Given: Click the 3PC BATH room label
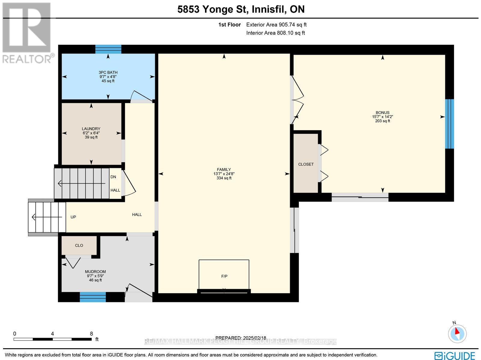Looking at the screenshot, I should pos(108,72).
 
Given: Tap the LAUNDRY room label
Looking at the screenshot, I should pos(91,129).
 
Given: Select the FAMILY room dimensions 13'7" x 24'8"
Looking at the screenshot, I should pos(224,174).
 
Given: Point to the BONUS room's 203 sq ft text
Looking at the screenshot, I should pos(382,121).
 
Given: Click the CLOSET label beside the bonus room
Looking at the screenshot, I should pos(306,164).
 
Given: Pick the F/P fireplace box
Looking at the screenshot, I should pos(224,276).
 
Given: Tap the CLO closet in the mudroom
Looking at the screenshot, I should pos(79,246).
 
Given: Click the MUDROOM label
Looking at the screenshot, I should pos(95,271).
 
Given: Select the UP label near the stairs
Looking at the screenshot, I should pos(73,217).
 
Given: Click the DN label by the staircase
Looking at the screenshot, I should pos(113,177).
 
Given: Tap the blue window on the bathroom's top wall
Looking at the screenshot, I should pos(108,49).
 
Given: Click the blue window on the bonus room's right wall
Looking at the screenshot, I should pos(449,124).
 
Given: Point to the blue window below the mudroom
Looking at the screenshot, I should pos(93,297).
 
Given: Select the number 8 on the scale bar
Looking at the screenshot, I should pos(91,334).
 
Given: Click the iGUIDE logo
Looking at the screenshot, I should pos(455,355).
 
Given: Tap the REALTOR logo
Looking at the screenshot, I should pos(27,33).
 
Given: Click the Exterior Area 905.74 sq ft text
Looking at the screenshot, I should pos(276,25).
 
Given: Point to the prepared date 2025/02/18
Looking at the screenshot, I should pos(241,338).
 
